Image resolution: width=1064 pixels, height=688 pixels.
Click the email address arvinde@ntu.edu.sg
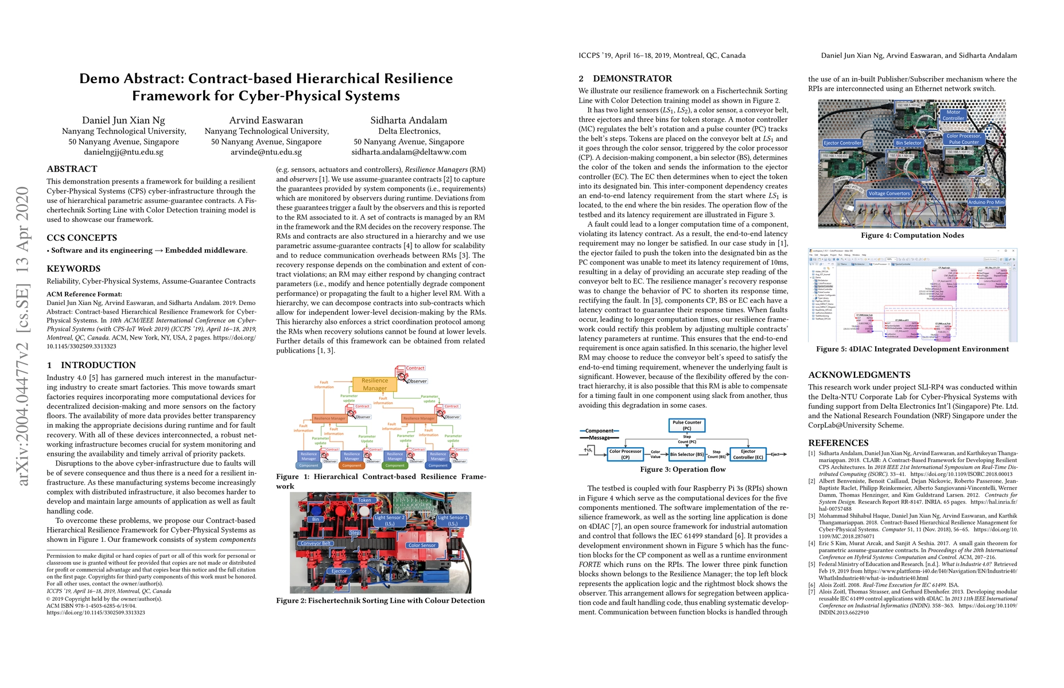tap(266, 153)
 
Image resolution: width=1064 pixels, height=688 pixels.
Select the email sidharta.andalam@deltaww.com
tap(409, 153)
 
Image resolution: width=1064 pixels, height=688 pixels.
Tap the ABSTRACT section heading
tap(72, 169)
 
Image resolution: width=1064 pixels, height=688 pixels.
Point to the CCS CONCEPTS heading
tap(81, 238)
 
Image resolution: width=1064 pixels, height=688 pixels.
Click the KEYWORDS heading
tap(73, 269)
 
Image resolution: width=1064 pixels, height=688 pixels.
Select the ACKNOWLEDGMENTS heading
tap(859, 375)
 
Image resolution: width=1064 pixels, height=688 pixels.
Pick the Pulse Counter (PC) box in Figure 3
tap(686, 425)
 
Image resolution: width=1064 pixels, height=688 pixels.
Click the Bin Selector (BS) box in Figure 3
tap(687, 455)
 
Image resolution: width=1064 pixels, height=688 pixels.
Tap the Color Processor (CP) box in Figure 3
tap(625, 455)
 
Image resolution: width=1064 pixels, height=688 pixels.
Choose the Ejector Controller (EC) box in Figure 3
tap(748, 455)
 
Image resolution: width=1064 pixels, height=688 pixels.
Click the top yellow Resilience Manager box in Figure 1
tap(375, 384)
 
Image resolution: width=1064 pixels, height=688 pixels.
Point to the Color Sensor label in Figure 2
tap(422, 545)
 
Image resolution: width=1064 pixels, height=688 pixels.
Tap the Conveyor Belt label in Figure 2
tap(315, 544)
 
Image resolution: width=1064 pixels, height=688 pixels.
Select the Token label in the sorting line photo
tap(364, 500)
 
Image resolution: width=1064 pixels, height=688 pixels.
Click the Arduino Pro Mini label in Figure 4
tap(986, 202)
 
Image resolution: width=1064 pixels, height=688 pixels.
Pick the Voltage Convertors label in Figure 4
tap(889, 193)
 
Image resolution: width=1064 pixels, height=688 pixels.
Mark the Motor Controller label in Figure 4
tap(953, 115)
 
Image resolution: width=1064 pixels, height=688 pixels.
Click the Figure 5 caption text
tap(912, 349)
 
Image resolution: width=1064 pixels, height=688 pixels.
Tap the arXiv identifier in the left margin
tap(22, 336)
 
